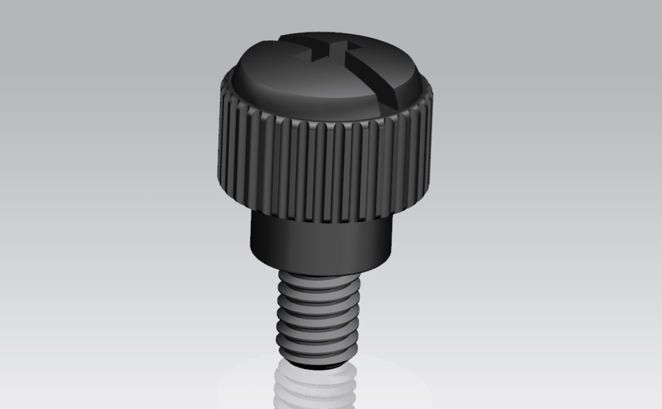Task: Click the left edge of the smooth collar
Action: coord(251,238)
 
